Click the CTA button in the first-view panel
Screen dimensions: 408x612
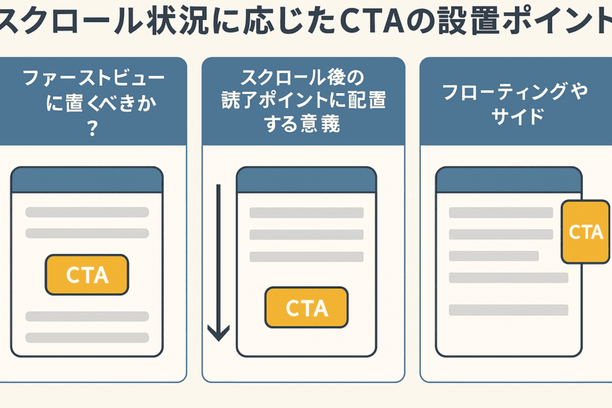tap(86, 274)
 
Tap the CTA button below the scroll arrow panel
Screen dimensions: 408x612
tap(306, 308)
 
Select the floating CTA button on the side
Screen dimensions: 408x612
tap(585, 232)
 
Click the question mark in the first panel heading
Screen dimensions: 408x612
tap(92, 128)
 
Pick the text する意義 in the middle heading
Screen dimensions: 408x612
tap(303, 124)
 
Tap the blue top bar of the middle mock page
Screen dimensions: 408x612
tap(306, 180)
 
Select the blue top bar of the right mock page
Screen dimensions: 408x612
tap(508, 180)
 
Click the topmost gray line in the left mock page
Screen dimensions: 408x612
tap(86, 213)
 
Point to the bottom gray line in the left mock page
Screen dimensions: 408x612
tap(86, 338)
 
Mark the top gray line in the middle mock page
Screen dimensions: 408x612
tap(306, 213)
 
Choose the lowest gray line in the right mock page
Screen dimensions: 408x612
tap(508, 310)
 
